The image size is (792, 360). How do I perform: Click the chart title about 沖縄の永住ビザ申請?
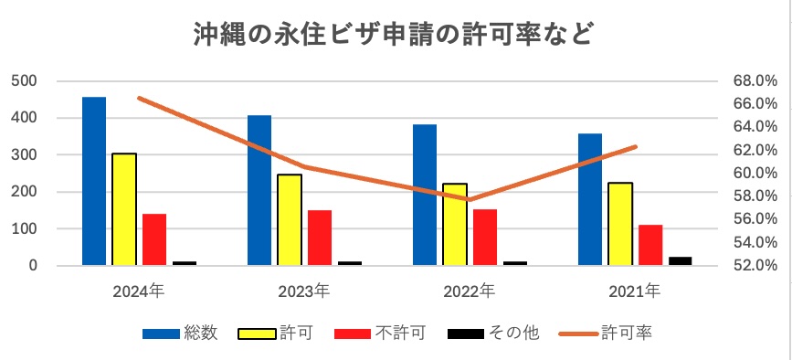click(395, 35)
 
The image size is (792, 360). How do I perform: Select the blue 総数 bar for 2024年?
click(94, 181)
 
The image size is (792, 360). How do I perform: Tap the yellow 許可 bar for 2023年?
click(290, 219)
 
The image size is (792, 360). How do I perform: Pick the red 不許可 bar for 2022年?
click(485, 237)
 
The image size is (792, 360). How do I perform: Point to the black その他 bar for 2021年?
click(681, 260)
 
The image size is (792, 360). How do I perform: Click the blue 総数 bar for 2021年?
click(590, 199)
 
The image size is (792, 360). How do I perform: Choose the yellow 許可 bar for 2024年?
click(124, 209)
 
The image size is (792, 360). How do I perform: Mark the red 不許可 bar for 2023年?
click(320, 238)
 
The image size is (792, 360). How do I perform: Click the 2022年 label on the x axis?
click(469, 292)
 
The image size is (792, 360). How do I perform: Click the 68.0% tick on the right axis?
click(755, 81)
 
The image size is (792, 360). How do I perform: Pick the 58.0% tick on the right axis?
click(755, 196)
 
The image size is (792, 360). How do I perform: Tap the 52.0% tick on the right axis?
click(755, 266)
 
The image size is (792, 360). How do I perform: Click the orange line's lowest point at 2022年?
click(469, 199)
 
